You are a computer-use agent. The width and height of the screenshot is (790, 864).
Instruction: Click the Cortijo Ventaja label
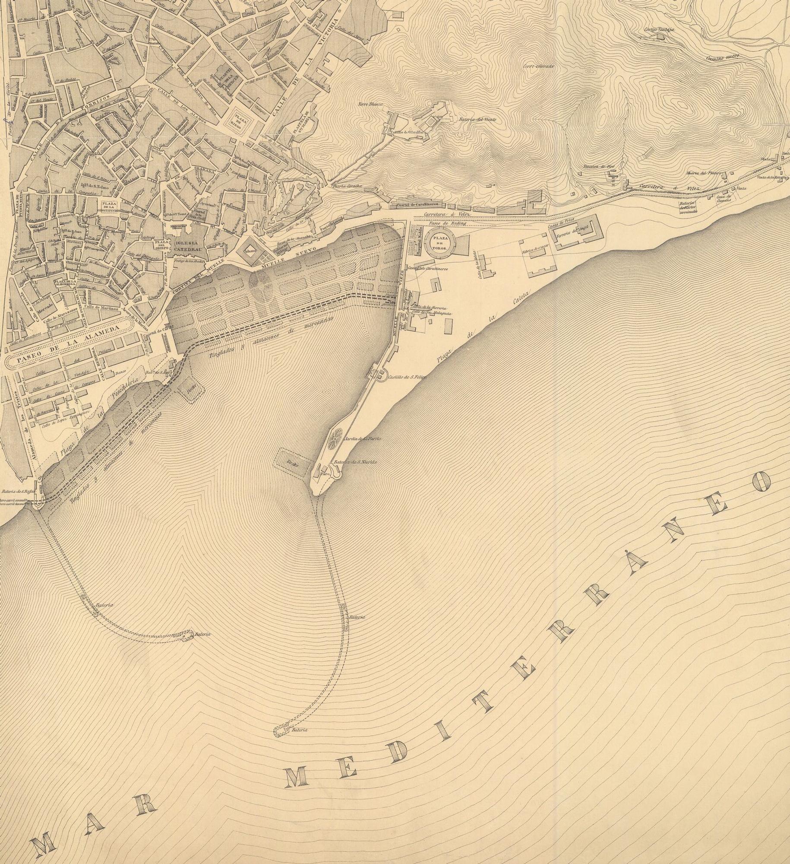(x=658, y=30)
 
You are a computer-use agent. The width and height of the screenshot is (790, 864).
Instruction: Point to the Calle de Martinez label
(x=101, y=308)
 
